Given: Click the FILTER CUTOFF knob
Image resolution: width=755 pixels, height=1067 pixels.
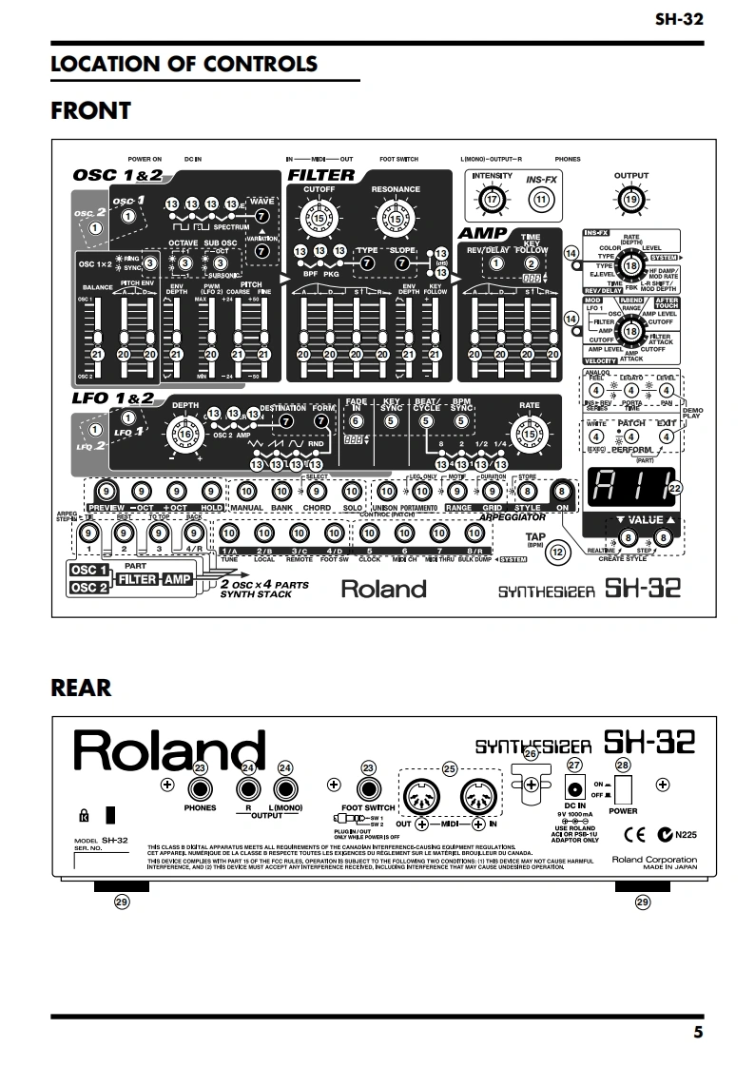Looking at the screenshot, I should pyautogui.click(x=318, y=220).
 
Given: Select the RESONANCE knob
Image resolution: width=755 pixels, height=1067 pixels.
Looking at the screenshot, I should pyautogui.click(x=396, y=220).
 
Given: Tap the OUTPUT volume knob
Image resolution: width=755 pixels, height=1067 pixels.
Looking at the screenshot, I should pyautogui.click(x=631, y=200).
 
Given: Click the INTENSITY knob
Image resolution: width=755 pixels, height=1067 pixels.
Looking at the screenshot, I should pyautogui.click(x=492, y=200).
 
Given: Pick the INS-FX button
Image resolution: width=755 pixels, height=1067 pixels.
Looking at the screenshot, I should pyautogui.click(x=542, y=200).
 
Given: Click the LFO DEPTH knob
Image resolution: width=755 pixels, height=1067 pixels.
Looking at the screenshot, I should pyautogui.click(x=185, y=435).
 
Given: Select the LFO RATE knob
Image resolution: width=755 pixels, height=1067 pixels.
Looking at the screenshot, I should pyautogui.click(x=529, y=435).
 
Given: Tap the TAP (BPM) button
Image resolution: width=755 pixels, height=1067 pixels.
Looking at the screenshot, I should pyautogui.click(x=559, y=550).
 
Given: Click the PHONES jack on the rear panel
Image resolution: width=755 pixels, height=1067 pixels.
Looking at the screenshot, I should pyautogui.click(x=200, y=788).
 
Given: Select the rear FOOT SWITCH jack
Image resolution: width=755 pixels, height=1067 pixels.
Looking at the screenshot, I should pyautogui.click(x=369, y=788).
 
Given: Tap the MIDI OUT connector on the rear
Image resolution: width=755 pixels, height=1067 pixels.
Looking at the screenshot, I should pyautogui.click(x=421, y=790).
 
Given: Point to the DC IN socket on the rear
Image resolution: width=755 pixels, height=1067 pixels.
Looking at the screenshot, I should pyautogui.click(x=574, y=787).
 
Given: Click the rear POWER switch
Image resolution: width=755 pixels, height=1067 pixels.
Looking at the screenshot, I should pyautogui.click(x=623, y=788).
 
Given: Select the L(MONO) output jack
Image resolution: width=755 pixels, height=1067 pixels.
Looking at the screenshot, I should pyautogui.click(x=284, y=788).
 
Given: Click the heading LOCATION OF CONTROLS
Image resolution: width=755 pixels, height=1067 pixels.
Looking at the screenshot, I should pyautogui.click(x=184, y=64).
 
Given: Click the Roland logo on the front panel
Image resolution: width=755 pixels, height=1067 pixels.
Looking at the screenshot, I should pyautogui.click(x=383, y=589).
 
